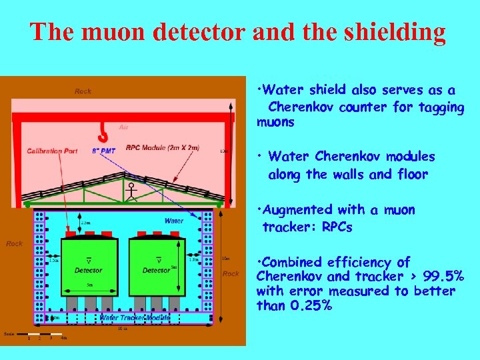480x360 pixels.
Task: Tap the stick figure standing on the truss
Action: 132,192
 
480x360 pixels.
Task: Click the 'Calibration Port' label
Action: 52,151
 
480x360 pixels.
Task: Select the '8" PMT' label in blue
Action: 103,151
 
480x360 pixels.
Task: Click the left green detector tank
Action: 89,267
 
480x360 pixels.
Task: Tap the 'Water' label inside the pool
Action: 173,221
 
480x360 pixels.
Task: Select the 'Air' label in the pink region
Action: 123,127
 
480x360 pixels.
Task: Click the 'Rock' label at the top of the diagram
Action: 83,91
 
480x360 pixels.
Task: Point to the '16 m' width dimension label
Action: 123,329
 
